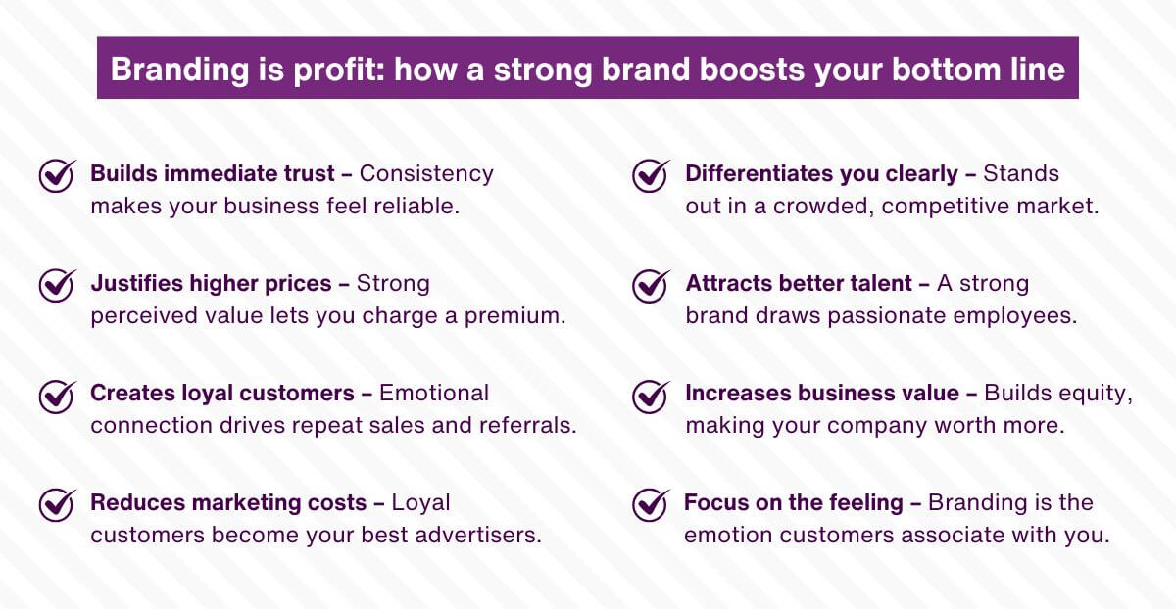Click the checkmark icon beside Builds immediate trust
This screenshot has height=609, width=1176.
pos(58,176)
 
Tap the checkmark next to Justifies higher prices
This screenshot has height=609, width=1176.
pos(58,286)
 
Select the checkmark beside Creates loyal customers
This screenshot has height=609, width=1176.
pos(58,396)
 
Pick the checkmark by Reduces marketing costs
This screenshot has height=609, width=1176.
pos(58,505)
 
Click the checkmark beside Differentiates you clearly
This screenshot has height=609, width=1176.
pos(651,176)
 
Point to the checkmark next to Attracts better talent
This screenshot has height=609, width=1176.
pos(651,286)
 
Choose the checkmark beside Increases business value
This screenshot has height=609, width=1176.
pos(651,396)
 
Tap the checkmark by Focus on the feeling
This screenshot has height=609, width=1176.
pos(651,505)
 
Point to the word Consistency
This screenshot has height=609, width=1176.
pos(426,174)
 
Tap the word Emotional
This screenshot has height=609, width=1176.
pos(434,393)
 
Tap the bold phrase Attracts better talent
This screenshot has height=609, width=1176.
pos(799,284)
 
